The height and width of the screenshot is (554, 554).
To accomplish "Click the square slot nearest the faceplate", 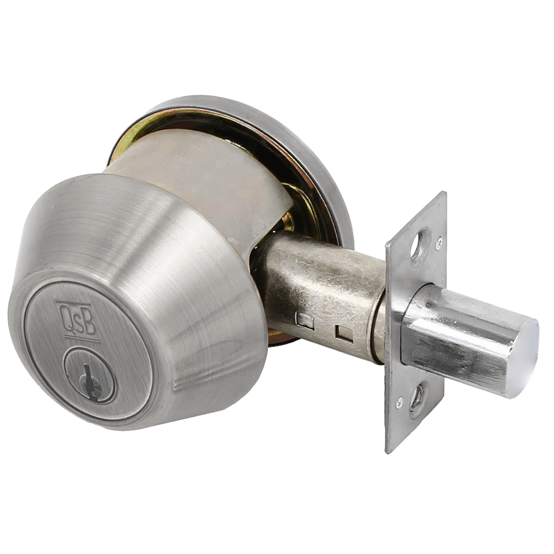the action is pyautogui.click(x=345, y=333).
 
